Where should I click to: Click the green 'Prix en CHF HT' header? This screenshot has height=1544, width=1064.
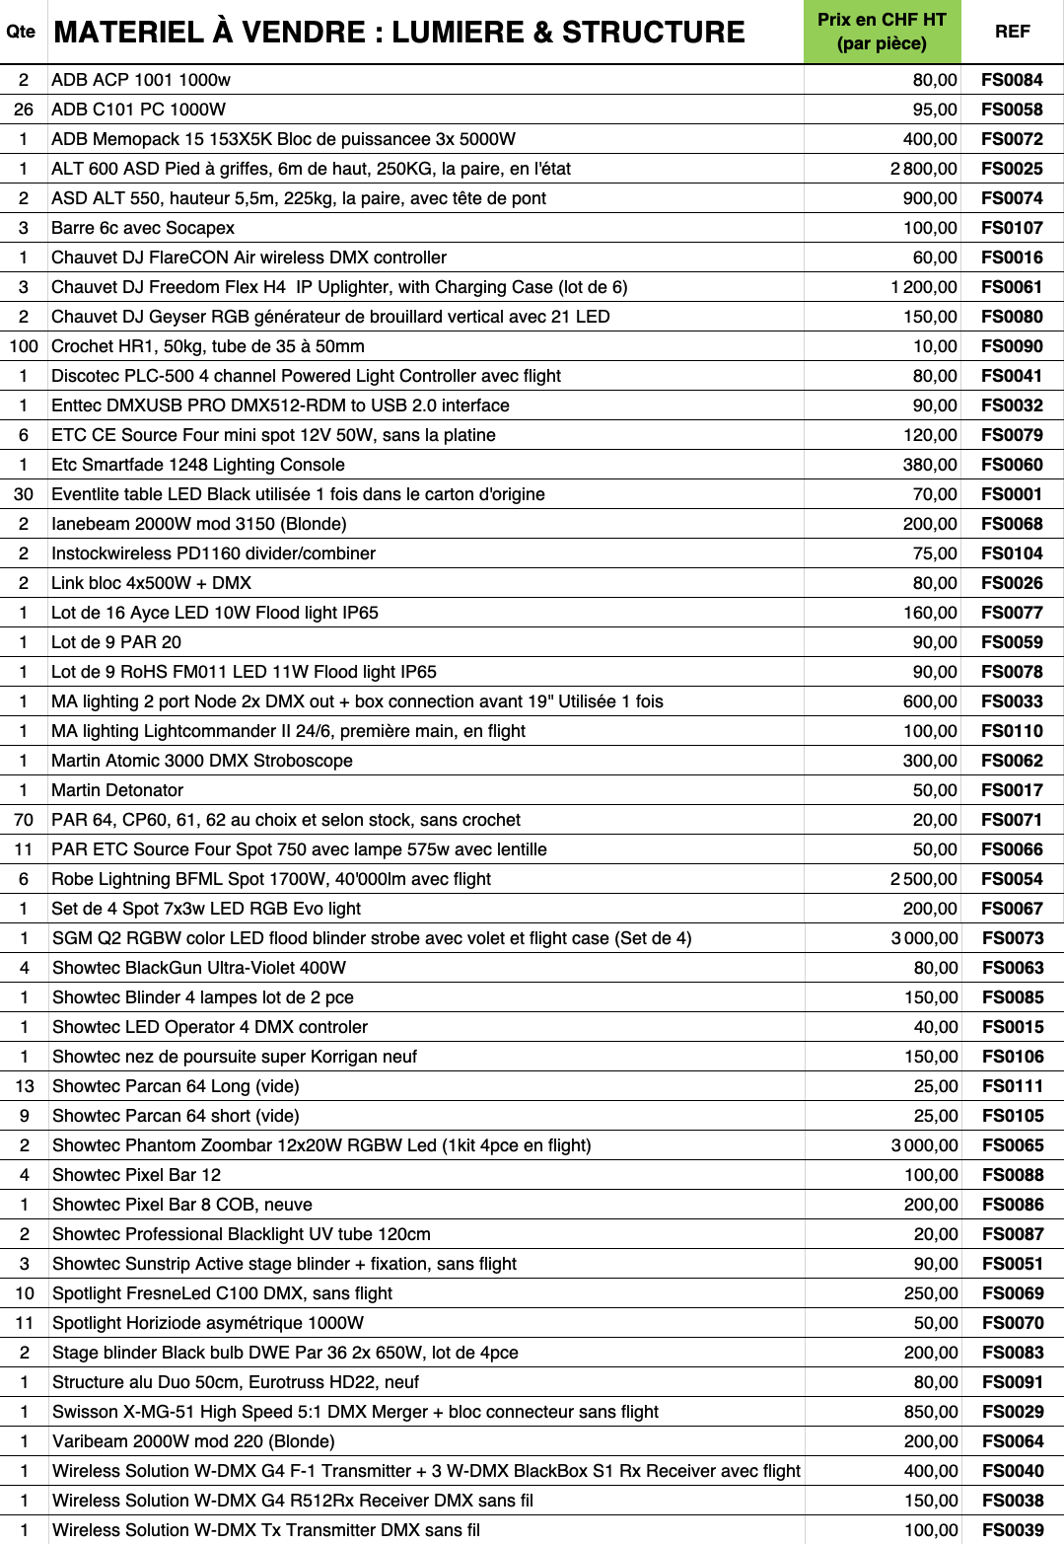tap(882, 32)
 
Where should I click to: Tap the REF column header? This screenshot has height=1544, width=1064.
tap(1012, 32)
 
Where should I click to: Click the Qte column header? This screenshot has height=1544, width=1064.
tap(21, 32)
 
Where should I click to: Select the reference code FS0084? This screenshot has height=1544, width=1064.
tap(1012, 80)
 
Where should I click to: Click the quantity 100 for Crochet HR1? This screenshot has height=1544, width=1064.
tap(24, 346)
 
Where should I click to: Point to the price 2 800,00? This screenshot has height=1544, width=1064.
tap(923, 169)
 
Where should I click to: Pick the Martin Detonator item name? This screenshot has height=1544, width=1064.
tap(117, 790)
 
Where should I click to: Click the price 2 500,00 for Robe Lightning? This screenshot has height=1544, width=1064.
tap(923, 879)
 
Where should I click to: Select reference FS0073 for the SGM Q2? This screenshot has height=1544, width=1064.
tap(1013, 938)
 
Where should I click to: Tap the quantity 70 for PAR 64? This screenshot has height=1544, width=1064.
tap(24, 820)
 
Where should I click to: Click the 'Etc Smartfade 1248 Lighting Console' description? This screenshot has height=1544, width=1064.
tap(198, 465)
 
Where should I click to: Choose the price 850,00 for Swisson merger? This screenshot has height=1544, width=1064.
tap(931, 1412)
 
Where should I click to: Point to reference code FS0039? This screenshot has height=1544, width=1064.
tap(1013, 1530)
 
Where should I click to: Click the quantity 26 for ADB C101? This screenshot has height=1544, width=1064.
tap(24, 110)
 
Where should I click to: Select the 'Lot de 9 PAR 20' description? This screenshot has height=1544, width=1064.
tap(116, 642)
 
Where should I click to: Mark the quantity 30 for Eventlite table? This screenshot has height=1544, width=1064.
tap(24, 494)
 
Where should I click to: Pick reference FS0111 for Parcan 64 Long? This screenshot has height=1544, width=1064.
tap(1013, 1086)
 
